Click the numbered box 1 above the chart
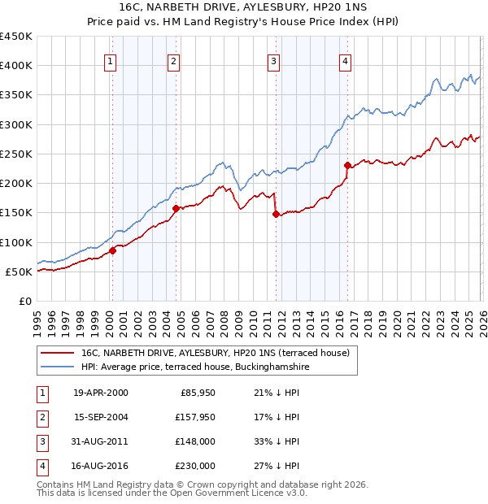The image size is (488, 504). (x=110, y=60)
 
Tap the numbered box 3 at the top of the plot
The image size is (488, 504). (x=274, y=60)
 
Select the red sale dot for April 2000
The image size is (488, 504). (x=113, y=251)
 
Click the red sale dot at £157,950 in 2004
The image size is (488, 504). (x=176, y=208)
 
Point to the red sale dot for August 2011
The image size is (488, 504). (x=276, y=214)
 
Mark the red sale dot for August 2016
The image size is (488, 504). (x=347, y=166)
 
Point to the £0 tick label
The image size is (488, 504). (x=24, y=301)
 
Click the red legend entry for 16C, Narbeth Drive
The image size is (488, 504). (x=215, y=353)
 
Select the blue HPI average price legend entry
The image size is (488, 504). (x=195, y=367)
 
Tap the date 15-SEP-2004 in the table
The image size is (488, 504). (x=100, y=417)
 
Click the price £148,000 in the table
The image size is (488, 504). (x=194, y=441)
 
